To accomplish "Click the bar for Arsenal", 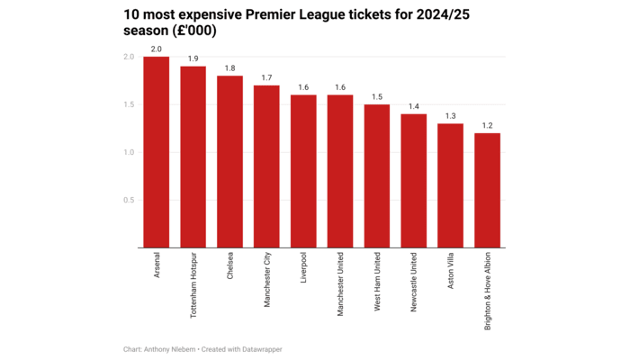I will click(x=156, y=152).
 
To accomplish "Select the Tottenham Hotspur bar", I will click(x=193, y=157).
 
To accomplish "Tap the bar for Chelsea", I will click(x=229, y=162).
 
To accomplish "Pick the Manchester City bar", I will click(x=266, y=166).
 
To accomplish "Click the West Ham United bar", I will click(x=377, y=176).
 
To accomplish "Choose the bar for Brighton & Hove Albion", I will click(x=487, y=191).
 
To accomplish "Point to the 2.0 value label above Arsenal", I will click(x=156, y=49).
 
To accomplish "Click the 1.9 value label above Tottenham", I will click(x=193, y=58).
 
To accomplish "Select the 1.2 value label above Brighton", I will click(x=487, y=125).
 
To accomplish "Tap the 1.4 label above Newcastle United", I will click(x=414, y=106).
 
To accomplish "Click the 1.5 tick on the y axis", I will click(x=129, y=104).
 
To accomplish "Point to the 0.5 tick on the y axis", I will click(x=129, y=200).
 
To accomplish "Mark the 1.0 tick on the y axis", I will click(x=129, y=152).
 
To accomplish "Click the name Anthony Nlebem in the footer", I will click(x=172, y=348).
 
